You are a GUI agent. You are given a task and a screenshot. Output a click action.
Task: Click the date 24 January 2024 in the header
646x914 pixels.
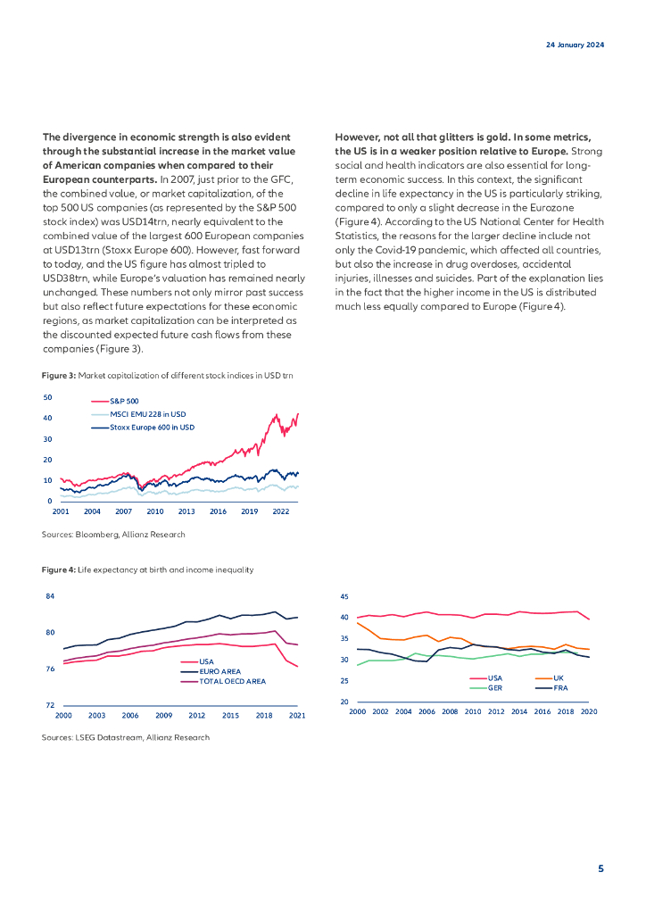pyautogui.click(x=575, y=46)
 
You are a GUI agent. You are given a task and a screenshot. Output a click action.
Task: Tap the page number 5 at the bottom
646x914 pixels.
pyautogui.click(x=600, y=868)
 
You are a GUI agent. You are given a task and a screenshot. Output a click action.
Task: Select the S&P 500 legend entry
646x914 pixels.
pyautogui.click(x=124, y=402)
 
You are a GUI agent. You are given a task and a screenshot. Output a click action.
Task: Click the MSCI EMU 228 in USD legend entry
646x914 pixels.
pyautogui.click(x=147, y=414)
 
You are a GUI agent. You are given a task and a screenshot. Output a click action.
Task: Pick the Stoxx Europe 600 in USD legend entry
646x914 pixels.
pyautogui.click(x=152, y=428)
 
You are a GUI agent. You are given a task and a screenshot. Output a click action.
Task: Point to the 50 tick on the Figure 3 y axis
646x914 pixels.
pyautogui.click(x=47, y=397)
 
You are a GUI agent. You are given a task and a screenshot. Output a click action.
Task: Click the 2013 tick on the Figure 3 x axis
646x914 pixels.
pyautogui.click(x=186, y=512)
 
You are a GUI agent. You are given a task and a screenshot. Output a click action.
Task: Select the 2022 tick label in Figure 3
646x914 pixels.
pyautogui.click(x=280, y=512)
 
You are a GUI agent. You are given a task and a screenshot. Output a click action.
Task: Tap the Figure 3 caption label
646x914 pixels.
pyautogui.click(x=59, y=376)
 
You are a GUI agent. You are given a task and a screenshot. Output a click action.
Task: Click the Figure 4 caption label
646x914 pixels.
pyautogui.click(x=59, y=569)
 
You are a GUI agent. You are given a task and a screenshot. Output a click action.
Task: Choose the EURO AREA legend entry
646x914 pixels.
pyautogui.click(x=219, y=670)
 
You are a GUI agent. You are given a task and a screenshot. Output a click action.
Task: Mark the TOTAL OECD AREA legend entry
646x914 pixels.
pyautogui.click(x=232, y=680)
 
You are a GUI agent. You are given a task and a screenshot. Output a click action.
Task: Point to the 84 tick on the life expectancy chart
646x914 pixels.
pyautogui.click(x=50, y=596)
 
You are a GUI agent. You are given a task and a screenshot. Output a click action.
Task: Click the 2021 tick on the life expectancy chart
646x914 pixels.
pyautogui.click(x=297, y=716)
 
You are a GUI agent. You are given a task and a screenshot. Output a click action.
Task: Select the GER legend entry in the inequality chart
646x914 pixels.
pyautogui.click(x=495, y=688)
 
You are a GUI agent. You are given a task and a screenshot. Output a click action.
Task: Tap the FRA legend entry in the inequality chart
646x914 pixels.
pyautogui.click(x=560, y=688)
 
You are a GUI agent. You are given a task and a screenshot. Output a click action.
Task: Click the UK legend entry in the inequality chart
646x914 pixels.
pyautogui.click(x=559, y=678)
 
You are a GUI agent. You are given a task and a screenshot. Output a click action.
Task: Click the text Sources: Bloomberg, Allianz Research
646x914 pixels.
pyautogui.click(x=113, y=534)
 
